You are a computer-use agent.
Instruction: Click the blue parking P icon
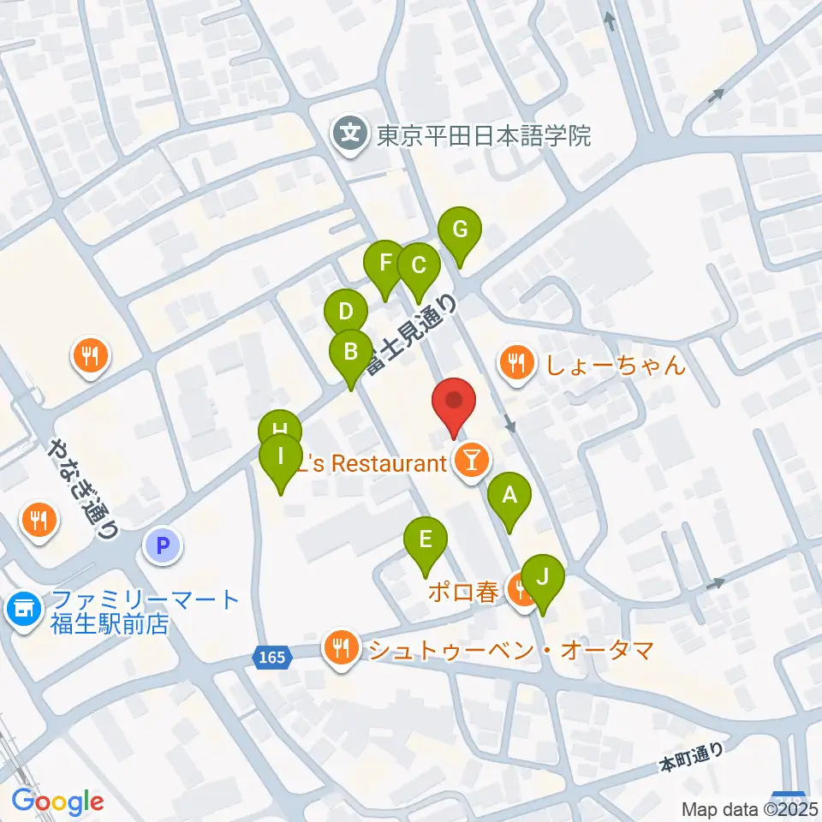click(x=164, y=544)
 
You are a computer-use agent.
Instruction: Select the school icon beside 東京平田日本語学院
click(x=349, y=134)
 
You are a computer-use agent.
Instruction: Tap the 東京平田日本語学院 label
click(x=485, y=135)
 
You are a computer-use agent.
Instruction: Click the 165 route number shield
click(x=270, y=657)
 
